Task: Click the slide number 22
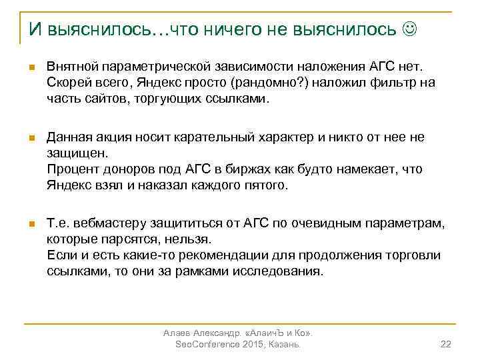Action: [447, 344]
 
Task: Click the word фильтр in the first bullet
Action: [393, 83]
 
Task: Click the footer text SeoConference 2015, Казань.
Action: [237, 344]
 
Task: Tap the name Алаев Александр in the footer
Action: [201, 332]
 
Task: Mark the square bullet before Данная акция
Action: [31, 138]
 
